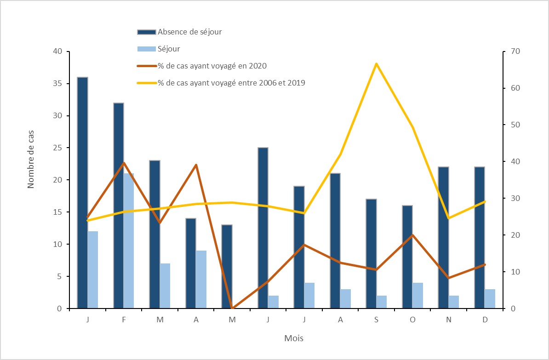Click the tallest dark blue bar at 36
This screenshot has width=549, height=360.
click(82, 193)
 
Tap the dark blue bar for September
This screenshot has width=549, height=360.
click(372, 253)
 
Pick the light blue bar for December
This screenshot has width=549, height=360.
click(490, 298)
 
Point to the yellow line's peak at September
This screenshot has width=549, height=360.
click(376, 63)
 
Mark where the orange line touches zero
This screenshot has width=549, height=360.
click(233, 308)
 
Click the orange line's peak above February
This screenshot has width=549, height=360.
click(124, 163)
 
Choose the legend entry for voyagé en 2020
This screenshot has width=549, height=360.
click(212, 66)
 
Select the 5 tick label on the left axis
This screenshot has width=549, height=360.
click(59, 276)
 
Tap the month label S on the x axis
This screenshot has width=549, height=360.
click(376, 320)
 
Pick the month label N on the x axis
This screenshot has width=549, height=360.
click(448, 320)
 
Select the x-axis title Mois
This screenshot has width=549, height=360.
click(293, 339)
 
